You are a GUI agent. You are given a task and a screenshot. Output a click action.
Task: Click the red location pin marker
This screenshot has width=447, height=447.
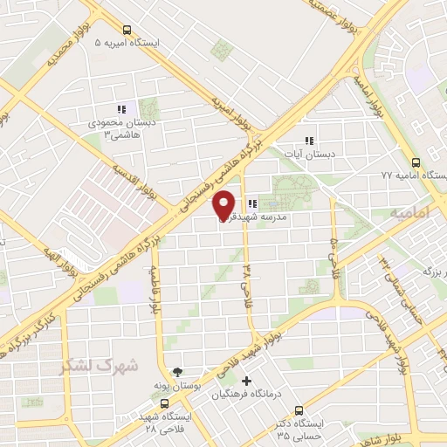point(225,203)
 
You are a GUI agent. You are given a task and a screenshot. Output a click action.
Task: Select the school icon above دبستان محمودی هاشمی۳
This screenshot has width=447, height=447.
point(122,109)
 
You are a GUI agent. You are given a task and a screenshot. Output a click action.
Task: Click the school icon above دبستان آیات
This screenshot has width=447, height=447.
point(308,141)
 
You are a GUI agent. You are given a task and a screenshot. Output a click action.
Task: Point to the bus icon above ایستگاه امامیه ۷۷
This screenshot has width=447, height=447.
point(416,162)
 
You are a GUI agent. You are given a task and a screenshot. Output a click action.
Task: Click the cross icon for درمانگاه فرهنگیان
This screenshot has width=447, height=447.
point(247,381)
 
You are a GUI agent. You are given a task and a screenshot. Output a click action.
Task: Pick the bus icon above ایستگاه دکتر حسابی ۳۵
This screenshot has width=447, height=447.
point(299,410)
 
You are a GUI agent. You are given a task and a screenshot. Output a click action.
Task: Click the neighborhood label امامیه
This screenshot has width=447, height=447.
point(410,212)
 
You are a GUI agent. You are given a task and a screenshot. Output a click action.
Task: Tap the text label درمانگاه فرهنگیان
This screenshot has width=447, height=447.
point(253,395)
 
